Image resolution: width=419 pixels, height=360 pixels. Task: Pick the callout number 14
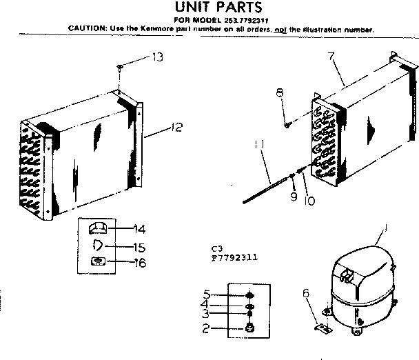tap(139, 228)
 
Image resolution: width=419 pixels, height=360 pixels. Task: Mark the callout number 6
tap(307, 294)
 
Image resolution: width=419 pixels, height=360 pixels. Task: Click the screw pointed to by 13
tap(120, 67)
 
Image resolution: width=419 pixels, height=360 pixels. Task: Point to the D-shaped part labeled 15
tap(97, 245)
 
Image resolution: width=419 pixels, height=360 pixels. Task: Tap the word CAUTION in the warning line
tap(85, 29)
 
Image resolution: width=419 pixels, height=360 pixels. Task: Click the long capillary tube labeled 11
tap(265, 190)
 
